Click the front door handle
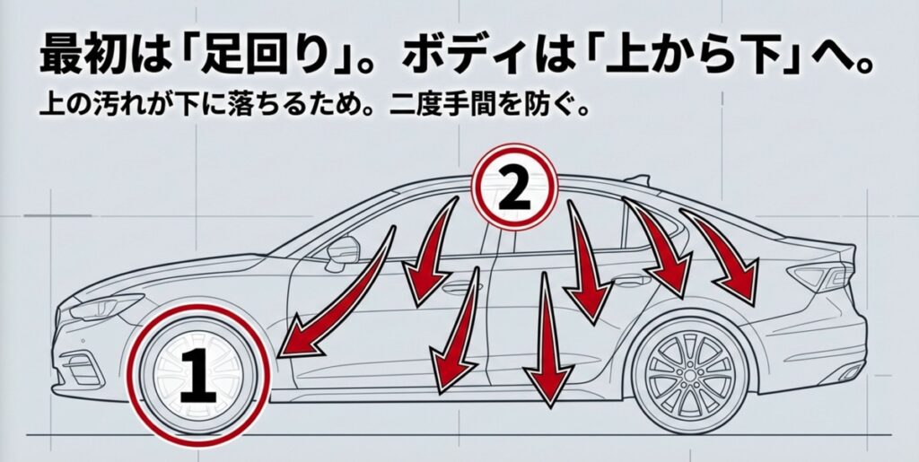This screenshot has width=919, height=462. (459, 288)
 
